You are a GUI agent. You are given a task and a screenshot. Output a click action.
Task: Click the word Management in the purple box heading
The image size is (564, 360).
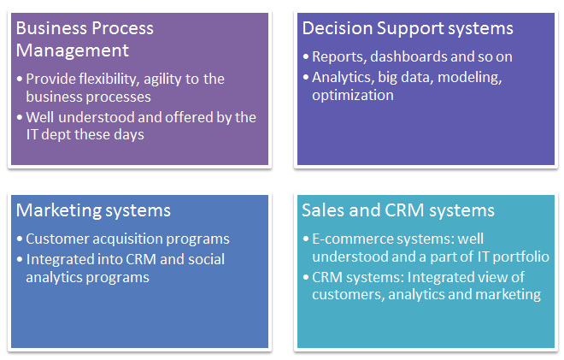pyautogui.click(x=73, y=50)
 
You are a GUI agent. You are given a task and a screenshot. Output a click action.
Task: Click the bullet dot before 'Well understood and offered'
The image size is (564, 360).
pyautogui.click(x=20, y=117)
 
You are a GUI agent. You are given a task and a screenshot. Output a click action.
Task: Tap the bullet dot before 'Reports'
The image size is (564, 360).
pyautogui.click(x=306, y=56)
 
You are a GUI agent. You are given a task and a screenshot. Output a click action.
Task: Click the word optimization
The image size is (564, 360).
pyautogui.click(x=352, y=96)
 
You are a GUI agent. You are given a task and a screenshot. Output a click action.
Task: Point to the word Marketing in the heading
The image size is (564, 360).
pyautogui.click(x=58, y=210)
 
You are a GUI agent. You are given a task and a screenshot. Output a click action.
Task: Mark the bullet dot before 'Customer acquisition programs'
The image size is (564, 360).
pyautogui.click(x=20, y=239)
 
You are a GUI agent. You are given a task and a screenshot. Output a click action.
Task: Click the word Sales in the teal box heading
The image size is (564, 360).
pyautogui.click(x=323, y=210)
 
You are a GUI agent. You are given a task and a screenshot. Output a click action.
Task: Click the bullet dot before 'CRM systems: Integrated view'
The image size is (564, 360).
pyautogui.click(x=306, y=277)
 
